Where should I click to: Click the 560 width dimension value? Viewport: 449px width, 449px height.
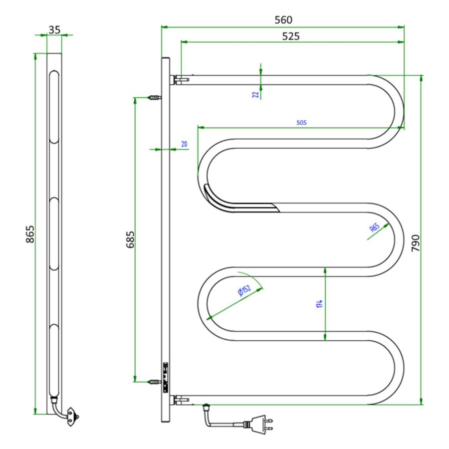point(283,20)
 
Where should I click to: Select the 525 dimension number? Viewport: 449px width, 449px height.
point(291,36)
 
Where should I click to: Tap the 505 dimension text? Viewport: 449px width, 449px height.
point(301,123)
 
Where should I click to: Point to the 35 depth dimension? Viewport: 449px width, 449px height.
point(54,30)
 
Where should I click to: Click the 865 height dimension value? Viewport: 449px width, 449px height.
point(30,234)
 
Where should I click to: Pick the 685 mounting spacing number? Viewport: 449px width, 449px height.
point(130,239)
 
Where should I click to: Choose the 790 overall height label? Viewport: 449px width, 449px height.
point(416,243)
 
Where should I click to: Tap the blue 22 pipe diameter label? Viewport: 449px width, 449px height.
point(256,94)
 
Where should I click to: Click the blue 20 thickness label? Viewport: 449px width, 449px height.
point(184,144)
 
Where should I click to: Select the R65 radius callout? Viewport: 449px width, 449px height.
point(375,227)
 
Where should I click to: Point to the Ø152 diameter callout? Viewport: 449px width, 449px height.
point(244,290)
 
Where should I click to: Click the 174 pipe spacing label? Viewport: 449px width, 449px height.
point(320,304)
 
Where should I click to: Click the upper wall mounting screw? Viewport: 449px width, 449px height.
point(154,98)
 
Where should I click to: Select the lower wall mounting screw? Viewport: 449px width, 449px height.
point(154,382)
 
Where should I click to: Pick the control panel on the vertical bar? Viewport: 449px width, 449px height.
point(165,378)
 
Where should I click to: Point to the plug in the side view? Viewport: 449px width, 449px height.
point(73,417)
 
